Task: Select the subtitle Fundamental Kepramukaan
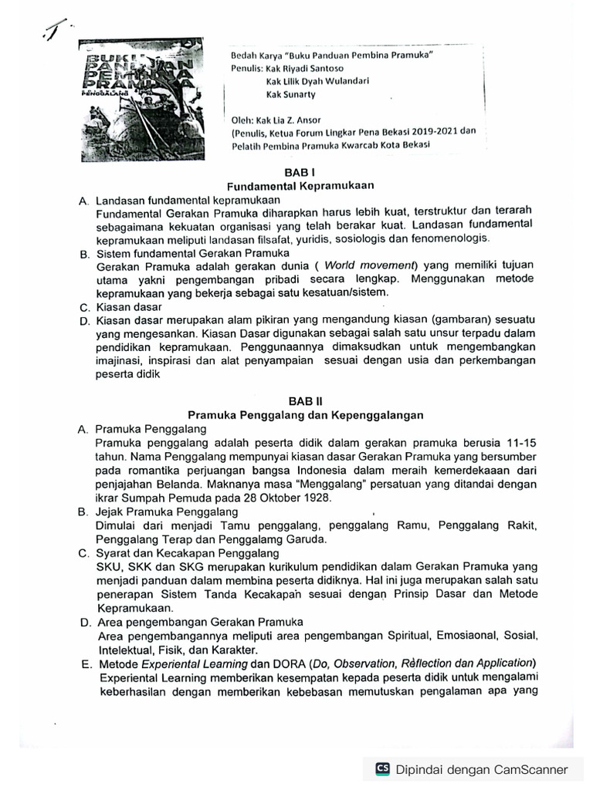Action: coord(300,187)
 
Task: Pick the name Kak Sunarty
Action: coord(291,94)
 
